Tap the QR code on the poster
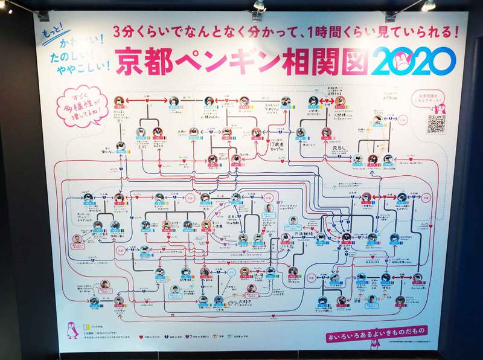coord(436,123)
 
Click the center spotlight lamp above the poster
coord(258,5)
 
